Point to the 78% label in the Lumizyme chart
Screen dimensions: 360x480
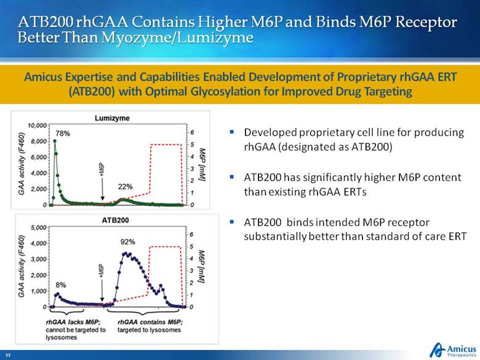pos(62,133)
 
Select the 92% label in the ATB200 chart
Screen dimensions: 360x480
pos(128,242)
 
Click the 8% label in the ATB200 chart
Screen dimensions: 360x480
pos(61,285)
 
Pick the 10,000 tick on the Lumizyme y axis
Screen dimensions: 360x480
pos(38,125)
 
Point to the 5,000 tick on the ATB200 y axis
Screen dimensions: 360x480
pos(39,227)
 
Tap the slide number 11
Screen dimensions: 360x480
pos(9,356)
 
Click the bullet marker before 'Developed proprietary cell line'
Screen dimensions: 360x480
pos(231,132)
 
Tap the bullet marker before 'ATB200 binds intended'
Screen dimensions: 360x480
pos(231,221)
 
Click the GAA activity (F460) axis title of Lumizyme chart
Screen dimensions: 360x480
pos(23,164)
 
